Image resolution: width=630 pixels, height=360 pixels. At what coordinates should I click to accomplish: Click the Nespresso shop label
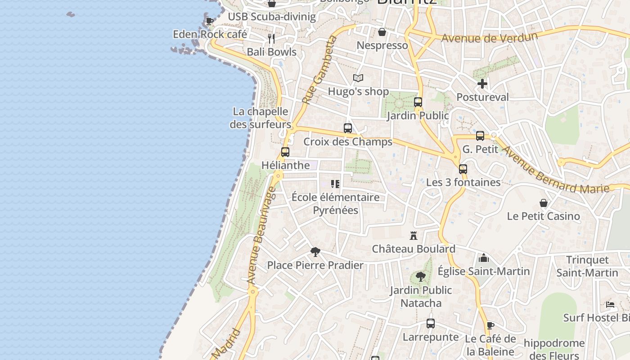point(382,45)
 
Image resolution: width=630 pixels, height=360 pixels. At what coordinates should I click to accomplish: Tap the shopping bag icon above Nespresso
point(382,32)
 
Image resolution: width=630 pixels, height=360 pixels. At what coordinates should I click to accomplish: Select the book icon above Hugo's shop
point(358,78)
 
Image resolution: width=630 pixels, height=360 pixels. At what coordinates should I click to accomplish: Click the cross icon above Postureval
point(482,84)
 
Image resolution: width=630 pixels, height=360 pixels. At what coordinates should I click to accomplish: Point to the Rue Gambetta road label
point(320,70)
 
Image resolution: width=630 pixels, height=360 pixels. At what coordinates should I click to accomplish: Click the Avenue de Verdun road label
point(489,38)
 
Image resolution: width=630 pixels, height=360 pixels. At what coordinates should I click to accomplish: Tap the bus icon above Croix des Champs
point(348,128)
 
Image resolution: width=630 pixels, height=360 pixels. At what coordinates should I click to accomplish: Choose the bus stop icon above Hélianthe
point(285,152)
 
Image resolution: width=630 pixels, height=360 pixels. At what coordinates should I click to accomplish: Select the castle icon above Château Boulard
point(414,235)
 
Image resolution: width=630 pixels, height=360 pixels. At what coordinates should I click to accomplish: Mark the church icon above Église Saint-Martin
point(484,258)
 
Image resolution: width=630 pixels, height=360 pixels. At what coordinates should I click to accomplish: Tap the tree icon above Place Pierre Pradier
point(315,252)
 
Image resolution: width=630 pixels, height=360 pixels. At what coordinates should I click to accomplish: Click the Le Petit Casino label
point(543,216)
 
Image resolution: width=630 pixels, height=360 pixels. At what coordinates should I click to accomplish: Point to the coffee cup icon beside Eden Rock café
point(210,21)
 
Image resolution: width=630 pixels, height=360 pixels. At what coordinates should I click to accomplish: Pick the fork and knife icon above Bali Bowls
point(271,38)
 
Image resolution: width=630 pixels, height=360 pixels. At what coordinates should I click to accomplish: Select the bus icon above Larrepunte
point(431,324)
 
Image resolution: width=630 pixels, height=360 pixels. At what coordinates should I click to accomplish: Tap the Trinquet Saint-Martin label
point(587,266)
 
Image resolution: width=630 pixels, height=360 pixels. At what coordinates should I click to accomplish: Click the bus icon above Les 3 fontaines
point(463,169)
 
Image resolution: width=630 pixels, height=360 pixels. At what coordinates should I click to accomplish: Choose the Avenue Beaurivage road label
point(261,236)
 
